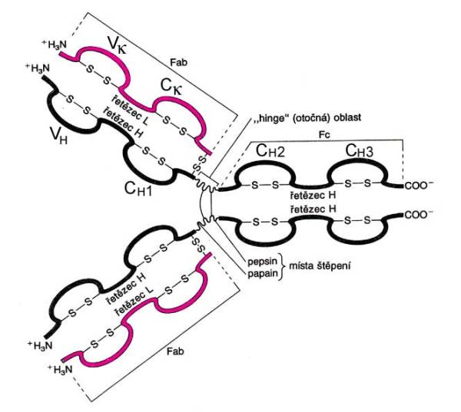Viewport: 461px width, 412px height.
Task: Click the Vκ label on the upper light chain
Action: click(118, 45)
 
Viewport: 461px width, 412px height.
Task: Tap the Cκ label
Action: click(171, 87)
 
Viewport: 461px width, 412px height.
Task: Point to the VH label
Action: click(58, 136)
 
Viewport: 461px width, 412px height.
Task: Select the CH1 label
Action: click(138, 188)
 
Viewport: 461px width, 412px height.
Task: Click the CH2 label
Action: click(270, 150)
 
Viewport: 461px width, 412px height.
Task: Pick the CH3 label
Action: click(360, 150)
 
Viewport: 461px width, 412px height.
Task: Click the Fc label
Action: click(324, 135)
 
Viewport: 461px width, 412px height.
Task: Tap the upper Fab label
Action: click(178, 62)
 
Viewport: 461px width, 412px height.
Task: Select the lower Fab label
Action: click(175, 351)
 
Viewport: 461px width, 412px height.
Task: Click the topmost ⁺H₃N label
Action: click(55, 44)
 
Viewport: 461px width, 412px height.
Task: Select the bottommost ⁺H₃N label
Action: click(60, 369)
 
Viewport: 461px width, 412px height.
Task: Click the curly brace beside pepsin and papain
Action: click(283, 267)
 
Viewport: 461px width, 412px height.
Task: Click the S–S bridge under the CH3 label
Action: click(358, 183)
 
